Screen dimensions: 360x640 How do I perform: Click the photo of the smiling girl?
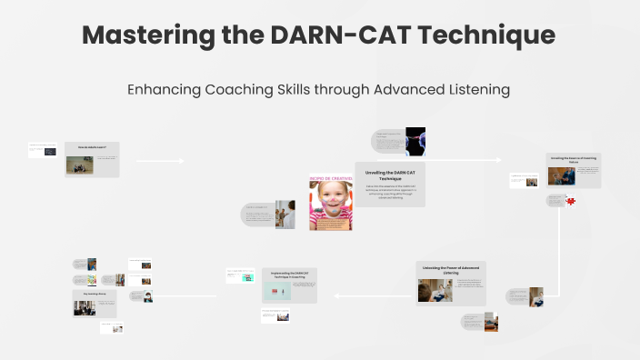330,205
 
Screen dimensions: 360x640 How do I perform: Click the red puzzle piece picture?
571,202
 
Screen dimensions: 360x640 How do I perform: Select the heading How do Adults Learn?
92,146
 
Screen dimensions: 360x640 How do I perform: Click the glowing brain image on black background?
415,141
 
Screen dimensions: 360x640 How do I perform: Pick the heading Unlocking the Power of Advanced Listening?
451,269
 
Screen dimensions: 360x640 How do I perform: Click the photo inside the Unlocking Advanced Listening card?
435,290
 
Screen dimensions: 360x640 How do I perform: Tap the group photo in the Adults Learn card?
79,165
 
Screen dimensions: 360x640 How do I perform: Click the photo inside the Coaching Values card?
556,175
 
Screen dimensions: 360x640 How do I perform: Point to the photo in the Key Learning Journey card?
85,307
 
